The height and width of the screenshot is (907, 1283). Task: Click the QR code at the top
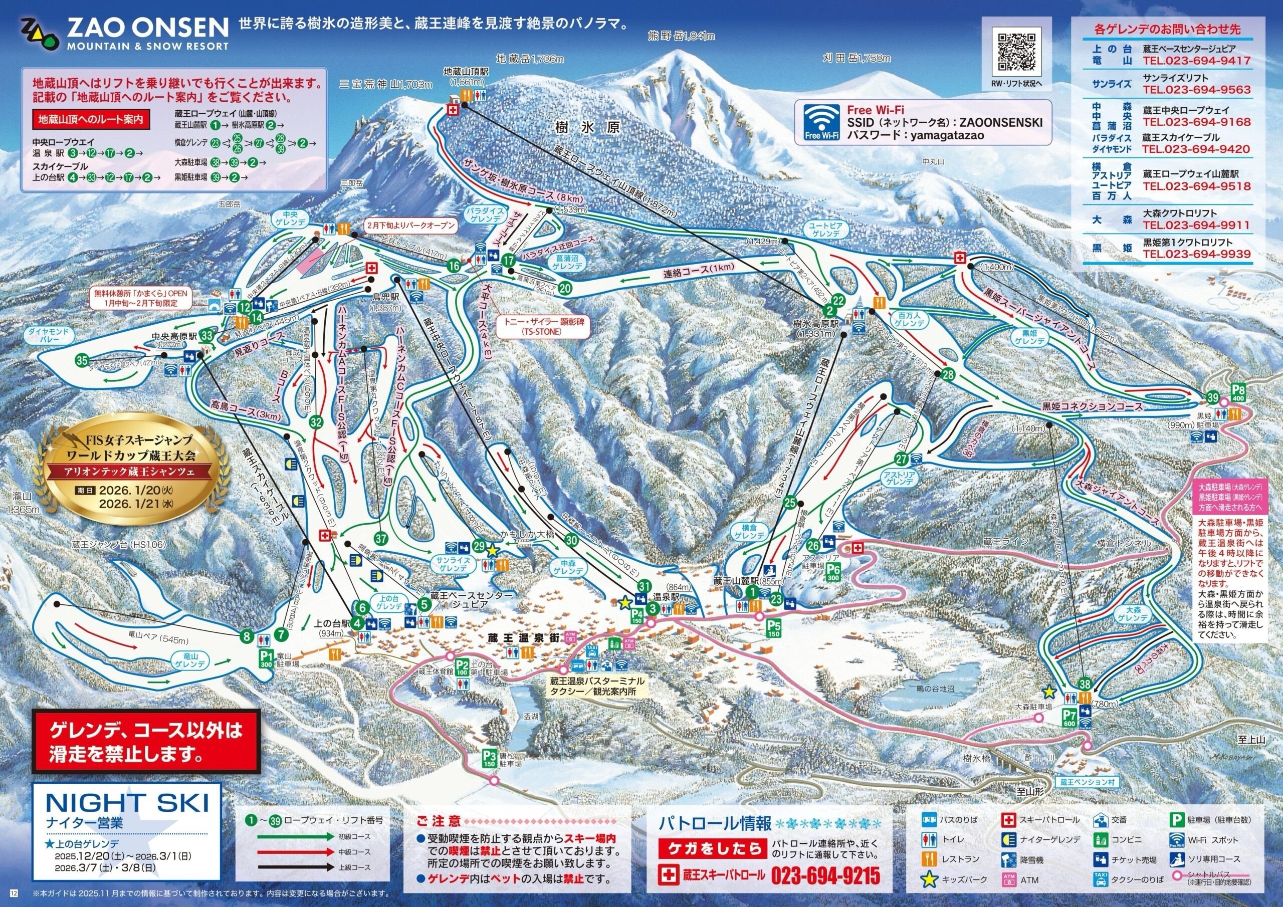1016,53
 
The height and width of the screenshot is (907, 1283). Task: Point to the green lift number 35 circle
82,360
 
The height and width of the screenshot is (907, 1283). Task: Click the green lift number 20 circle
565,288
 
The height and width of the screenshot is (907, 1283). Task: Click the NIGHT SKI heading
127,803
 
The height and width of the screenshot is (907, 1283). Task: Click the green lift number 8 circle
247,635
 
